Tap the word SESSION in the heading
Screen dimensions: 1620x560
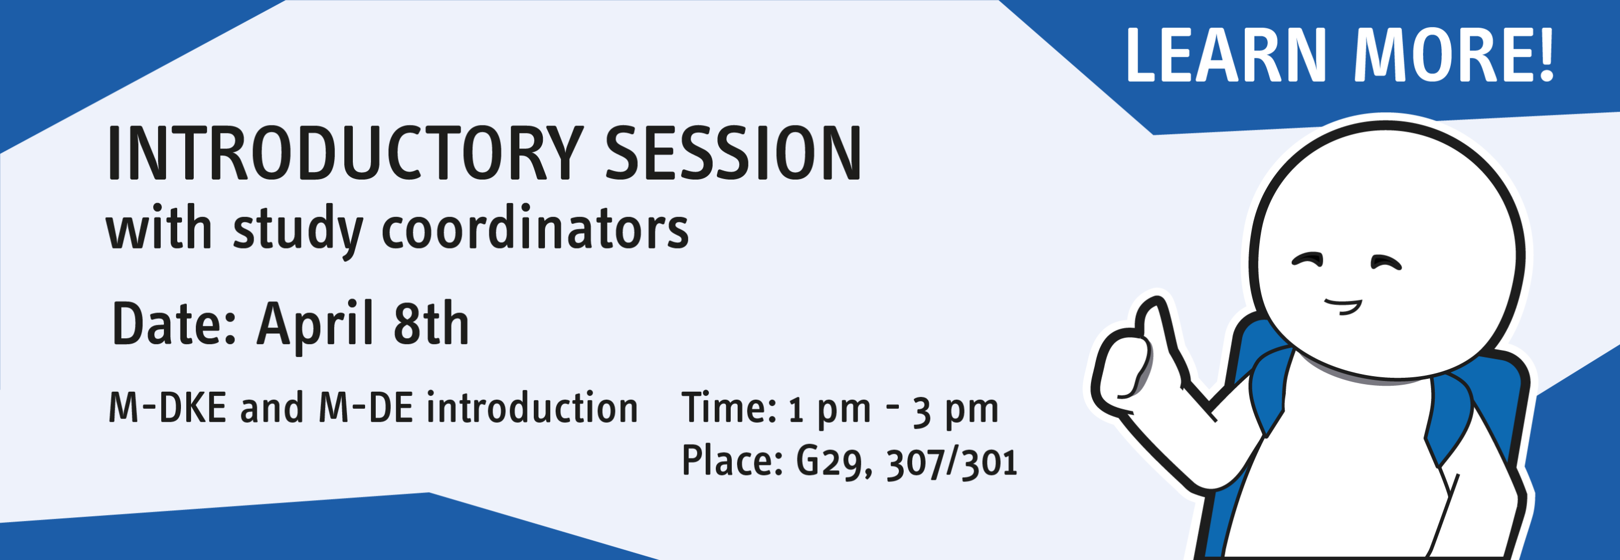733,153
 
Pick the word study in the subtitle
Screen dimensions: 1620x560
298,230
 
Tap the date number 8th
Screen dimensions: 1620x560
431,323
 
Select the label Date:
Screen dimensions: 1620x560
174,323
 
